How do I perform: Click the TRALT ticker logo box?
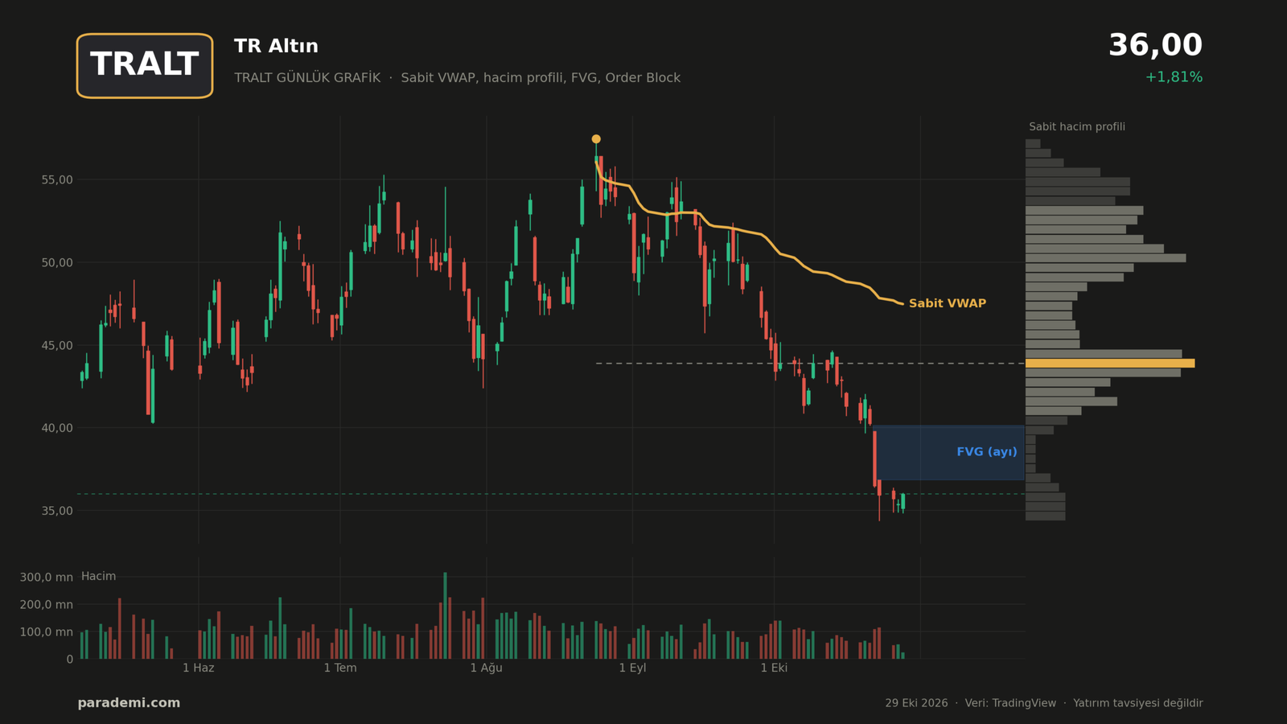pyautogui.click(x=145, y=65)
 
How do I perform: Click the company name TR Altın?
pyautogui.click(x=276, y=46)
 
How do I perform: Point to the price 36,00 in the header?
pyautogui.click(x=1155, y=45)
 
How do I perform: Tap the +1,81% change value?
pyautogui.click(x=1174, y=77)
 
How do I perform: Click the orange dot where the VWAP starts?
pyautogui.click(x=596, y=139)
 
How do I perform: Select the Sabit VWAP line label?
pyautogui.click(x=948, y=303)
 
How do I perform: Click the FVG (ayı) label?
pyautogui.click(x=986, y=452)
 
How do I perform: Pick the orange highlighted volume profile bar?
pyautogui.click(x=1110, y=363)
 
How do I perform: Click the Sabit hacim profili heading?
pyautogui.click(x=1077, y=127)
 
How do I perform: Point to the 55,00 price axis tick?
pyautogui.click(x=57, y=180)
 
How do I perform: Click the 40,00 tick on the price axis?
pyautogui.click(x=57, y=428)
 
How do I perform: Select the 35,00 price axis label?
pyautogui.click(x=57, y=511)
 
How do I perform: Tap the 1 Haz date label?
pyautogui.click(x=198, y=668)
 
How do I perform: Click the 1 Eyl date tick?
pyautogui.click(x=632, y=668)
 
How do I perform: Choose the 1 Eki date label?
pyautogui.click(x=774, y=668)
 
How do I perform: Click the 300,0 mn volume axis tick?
pyautogui.click(x=47, y=577)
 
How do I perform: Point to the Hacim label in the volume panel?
pyautogui.click(x=98, y=576)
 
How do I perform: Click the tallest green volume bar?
pyautogui.click(x=445, y=615)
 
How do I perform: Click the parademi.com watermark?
pyautogui.click(x=129, y=703)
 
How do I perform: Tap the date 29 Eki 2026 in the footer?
pyautogui.click(x=916, y=703)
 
